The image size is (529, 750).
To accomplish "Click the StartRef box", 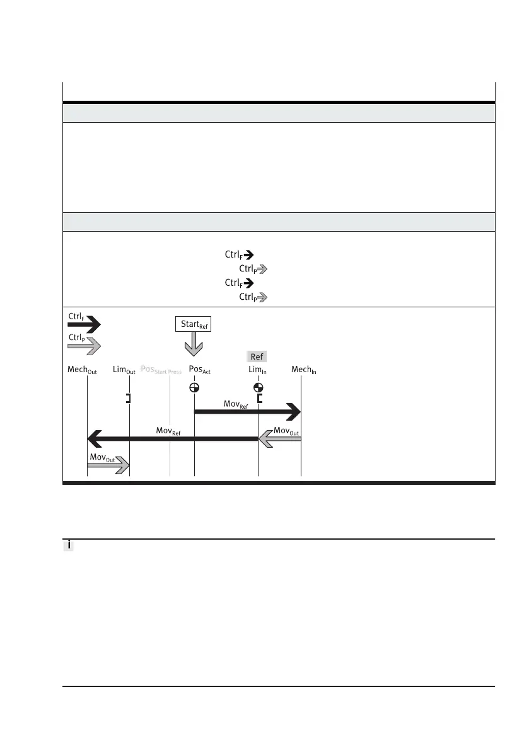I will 194,324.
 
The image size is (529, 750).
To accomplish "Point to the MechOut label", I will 82,370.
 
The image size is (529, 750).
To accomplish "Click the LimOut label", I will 124,370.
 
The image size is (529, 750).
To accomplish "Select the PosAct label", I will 199,370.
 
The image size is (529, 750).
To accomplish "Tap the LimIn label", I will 259,370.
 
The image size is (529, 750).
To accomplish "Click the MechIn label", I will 303,370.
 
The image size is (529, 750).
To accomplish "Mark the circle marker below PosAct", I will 194,388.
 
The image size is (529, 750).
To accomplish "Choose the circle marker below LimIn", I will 258,388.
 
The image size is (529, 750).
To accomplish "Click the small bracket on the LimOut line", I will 128,398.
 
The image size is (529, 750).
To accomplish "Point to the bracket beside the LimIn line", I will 260,398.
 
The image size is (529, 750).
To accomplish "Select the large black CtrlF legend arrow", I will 84,325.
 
